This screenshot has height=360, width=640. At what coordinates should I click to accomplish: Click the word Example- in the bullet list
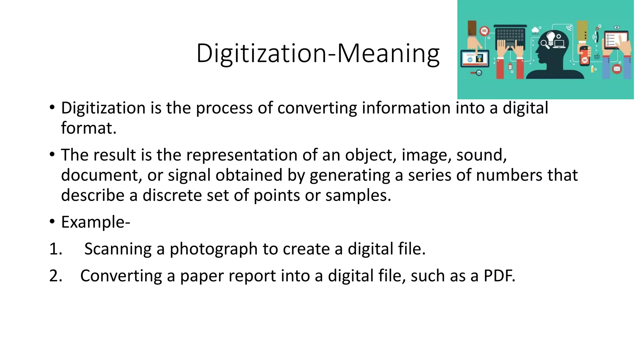click(95, 222)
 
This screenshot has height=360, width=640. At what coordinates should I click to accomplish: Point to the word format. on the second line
click(88, 128)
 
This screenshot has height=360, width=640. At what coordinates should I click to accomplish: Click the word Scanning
click(118, 249)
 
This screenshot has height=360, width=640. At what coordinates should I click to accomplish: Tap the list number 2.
click(56, 276)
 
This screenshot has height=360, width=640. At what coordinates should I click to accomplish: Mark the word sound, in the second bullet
click(481, 155)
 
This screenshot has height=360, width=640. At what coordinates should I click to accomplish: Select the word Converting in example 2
click(121, 276)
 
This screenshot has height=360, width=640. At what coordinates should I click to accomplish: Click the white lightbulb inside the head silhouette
click(551, 37)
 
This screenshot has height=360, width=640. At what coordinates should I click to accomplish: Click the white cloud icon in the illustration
click(536, 30)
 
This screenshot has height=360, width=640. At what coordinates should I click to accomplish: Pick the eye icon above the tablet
click(617, 27)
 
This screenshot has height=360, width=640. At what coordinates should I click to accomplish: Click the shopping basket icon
click(597, 57)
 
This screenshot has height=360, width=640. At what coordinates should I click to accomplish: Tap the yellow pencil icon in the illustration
click(592, 68)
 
